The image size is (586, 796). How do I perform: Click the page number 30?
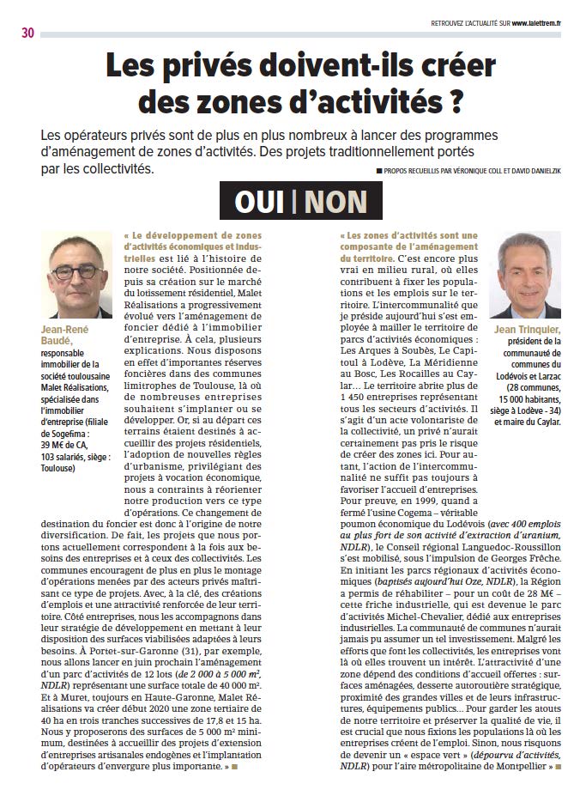click(x=28, y=33)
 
